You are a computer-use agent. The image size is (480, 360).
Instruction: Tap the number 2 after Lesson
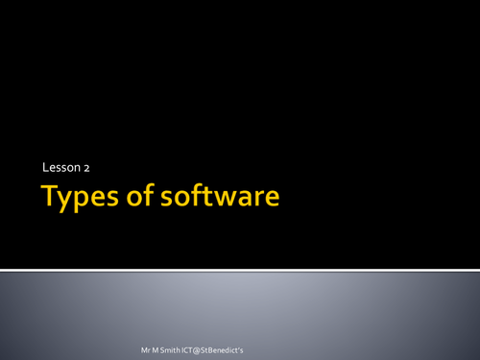click(85, 168)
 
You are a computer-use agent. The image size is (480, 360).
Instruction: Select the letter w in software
click(231, 199)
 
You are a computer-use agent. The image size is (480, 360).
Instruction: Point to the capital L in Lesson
click(45, 168)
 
